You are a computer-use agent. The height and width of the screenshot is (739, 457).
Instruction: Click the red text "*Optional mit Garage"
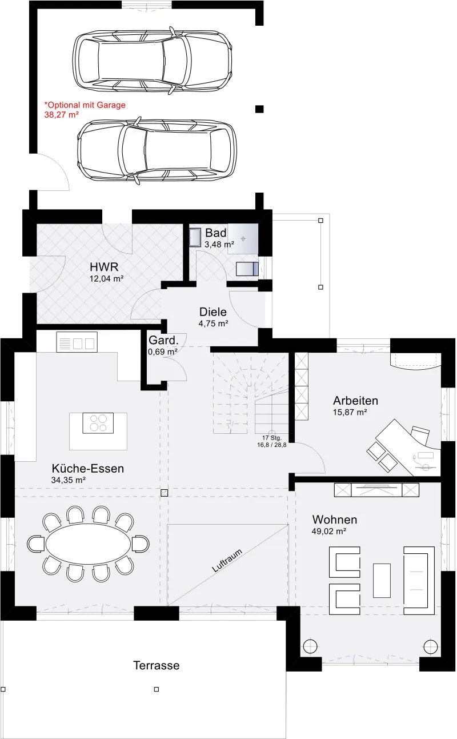click(85, 105)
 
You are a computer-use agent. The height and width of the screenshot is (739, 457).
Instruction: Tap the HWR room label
click(104, 266)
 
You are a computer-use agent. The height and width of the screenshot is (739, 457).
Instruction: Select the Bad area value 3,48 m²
click(219, 245)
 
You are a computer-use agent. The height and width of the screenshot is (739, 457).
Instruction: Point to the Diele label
click(213, 311)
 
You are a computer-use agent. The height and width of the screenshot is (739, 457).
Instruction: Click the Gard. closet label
click(163, 340)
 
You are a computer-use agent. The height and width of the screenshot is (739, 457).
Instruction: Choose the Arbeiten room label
click(355, 401)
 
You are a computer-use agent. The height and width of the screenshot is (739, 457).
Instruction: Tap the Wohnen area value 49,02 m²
click(328, 531)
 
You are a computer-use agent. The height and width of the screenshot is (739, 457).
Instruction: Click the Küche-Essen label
click(88, 469)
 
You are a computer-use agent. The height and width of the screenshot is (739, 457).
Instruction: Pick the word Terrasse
click(157, 665)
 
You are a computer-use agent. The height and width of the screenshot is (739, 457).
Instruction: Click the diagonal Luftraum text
click(227, 561)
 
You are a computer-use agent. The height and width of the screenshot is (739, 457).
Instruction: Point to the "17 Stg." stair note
click(272, 438)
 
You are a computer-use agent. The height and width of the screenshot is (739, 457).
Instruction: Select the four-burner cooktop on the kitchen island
click(98, 423)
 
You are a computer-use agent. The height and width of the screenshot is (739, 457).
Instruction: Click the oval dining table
click(88, 544)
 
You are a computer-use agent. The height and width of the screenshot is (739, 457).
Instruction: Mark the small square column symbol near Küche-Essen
click(164, 493)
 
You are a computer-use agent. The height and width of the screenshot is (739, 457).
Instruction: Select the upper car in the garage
click(153, 61)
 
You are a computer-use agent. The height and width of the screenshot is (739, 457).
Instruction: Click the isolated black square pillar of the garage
click(259, 109)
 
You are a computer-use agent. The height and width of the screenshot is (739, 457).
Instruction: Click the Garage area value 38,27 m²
click(62, 115)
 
